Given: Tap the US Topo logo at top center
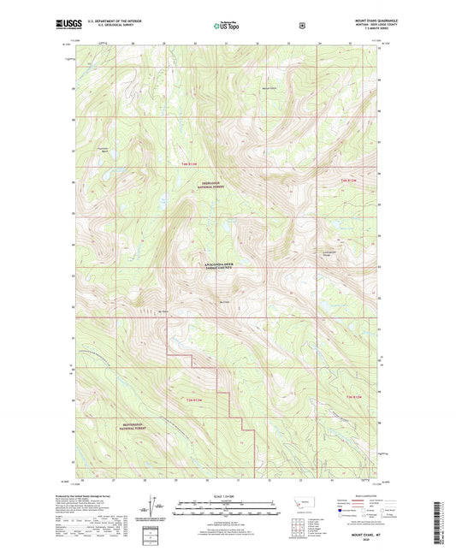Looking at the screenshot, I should (x=227, y=26).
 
